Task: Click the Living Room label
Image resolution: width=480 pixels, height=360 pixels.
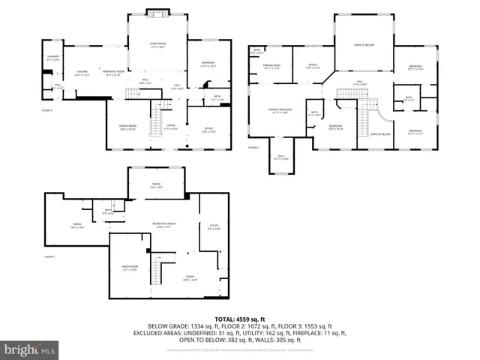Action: pos(157,46)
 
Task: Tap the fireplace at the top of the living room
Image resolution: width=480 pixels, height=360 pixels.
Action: pos(157,13)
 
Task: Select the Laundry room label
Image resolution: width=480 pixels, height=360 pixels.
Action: pos(52,58)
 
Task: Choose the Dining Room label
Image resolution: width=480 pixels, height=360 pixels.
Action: pos(127,127)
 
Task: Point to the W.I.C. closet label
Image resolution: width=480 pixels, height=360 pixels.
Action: pos(281,157)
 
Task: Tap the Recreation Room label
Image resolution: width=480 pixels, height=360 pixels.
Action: pos(164,224)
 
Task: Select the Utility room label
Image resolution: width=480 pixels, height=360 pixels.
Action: pos(213,226)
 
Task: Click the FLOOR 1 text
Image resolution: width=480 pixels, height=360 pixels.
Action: pos(50,257)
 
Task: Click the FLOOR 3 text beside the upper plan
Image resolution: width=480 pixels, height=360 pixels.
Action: pos(253,148)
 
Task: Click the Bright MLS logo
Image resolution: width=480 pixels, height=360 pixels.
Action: pos(30,349)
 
